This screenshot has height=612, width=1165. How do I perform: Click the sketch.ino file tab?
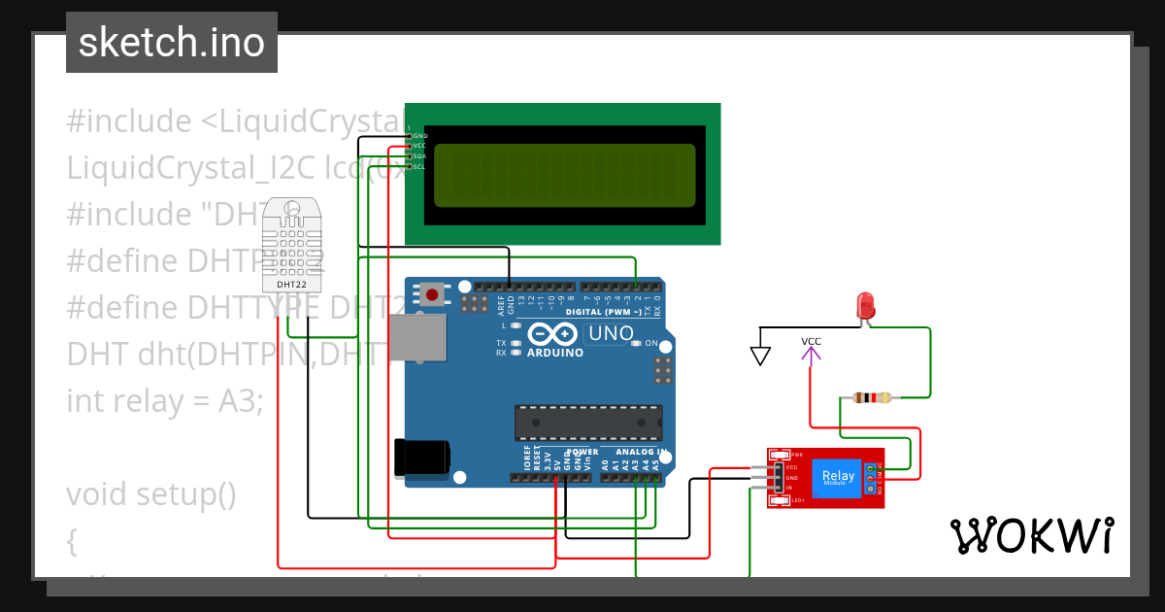coord(172,43)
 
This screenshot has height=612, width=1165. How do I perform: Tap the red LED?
coord(864,306)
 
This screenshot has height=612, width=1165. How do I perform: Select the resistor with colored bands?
coord(871,396)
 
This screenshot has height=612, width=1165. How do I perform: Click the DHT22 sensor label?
coord(292,285)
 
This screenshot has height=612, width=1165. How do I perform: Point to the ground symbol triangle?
coord(760,357)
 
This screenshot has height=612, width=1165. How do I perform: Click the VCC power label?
coord(811,342)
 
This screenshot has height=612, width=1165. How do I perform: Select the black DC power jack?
coord(421,458)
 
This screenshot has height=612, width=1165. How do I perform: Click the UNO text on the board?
coord(612,334)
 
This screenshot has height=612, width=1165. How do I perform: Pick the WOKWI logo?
coord(1032,535)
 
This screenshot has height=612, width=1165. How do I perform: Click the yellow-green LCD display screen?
coord(564,176)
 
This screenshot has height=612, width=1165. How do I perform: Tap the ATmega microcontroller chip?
coord(588,423)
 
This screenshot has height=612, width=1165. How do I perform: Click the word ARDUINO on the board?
coord(554,353)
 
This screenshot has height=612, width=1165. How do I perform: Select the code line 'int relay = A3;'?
coord(165,400)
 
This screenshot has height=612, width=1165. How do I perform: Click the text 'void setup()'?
coord(151,493)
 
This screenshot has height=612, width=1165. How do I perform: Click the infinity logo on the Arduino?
coord(554,334)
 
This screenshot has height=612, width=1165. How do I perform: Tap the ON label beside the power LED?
coord(651,344)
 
